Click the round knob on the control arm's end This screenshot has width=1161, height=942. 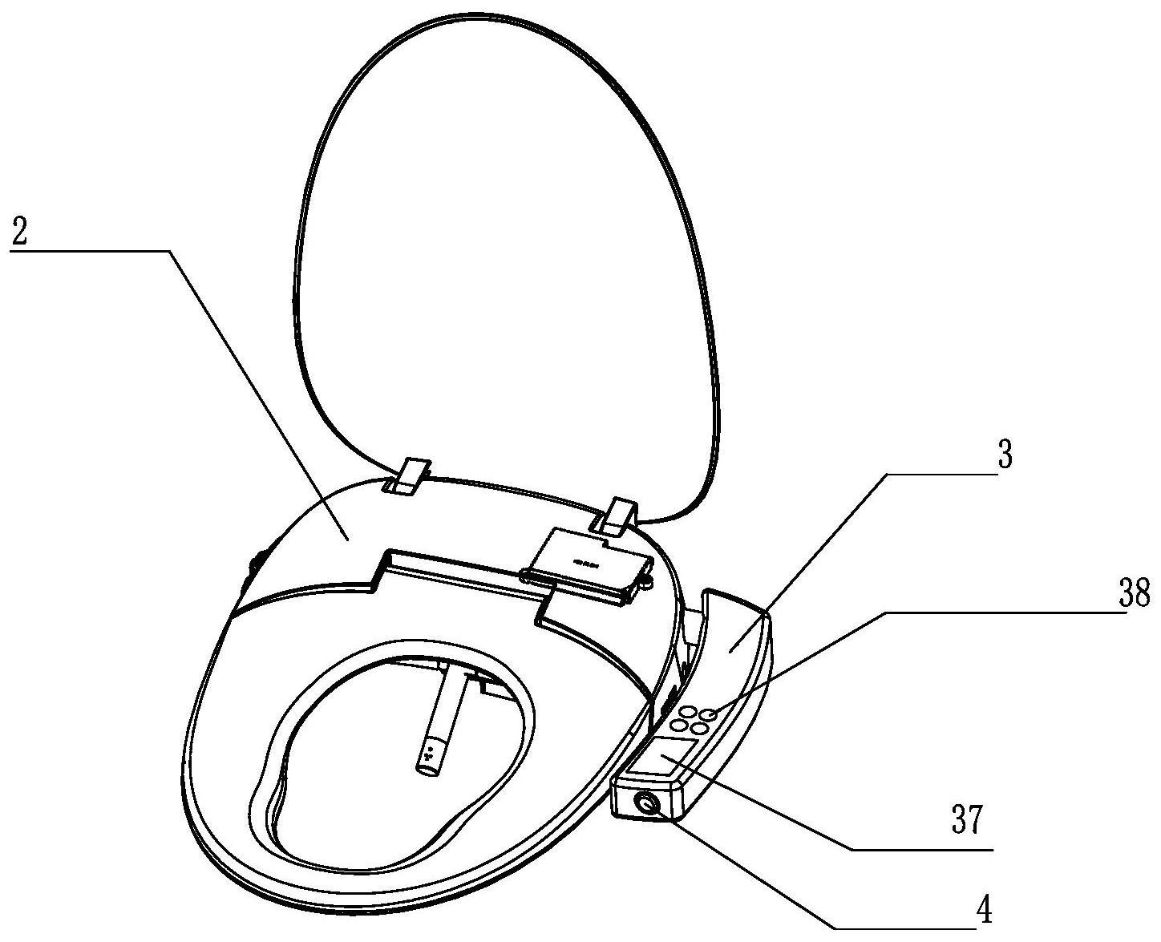[x=646, y=803]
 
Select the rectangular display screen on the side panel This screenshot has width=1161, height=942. [x=666, y=757]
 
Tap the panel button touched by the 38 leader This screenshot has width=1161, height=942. [x=706, y=714]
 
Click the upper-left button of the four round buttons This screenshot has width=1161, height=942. [x=687, y=710]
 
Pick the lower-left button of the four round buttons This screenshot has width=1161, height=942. [x=678, y=725]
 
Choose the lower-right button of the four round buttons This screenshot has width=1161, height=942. [x=698, y=728]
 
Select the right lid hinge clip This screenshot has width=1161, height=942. [x=617, y=515]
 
